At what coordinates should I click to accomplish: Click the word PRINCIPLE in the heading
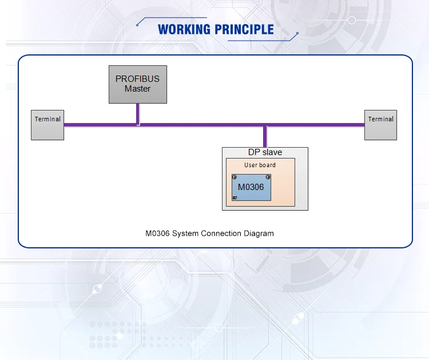(245, 30)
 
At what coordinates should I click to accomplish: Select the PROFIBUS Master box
(138, 84)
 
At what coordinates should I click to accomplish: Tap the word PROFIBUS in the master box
(138, 79)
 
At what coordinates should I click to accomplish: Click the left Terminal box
(47, 125)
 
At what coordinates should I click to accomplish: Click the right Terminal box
(380, 125)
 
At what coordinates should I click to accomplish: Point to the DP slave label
(265, 152)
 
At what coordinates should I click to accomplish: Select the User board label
(260, 165)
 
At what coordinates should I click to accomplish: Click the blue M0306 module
(251, 187)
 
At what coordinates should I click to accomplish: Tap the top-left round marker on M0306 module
(235, 177)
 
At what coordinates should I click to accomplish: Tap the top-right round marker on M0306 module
(268, 177)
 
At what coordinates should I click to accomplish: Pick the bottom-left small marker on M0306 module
(235, 197)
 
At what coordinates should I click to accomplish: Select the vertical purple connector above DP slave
(265, 136)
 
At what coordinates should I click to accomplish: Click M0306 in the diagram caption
(157, 234)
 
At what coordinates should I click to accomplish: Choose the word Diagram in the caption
(259, 234)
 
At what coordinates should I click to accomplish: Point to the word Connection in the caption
(221, 234)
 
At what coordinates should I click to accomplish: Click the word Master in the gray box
(138, 89)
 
